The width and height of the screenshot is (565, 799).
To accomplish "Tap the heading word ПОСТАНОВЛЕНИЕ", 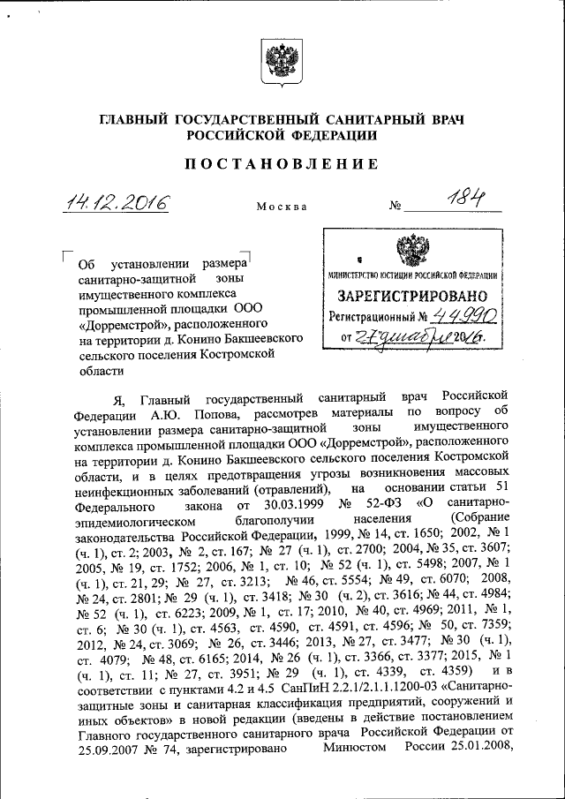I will pos(282,164).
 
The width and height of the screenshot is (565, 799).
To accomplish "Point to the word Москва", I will pos(282,207).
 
